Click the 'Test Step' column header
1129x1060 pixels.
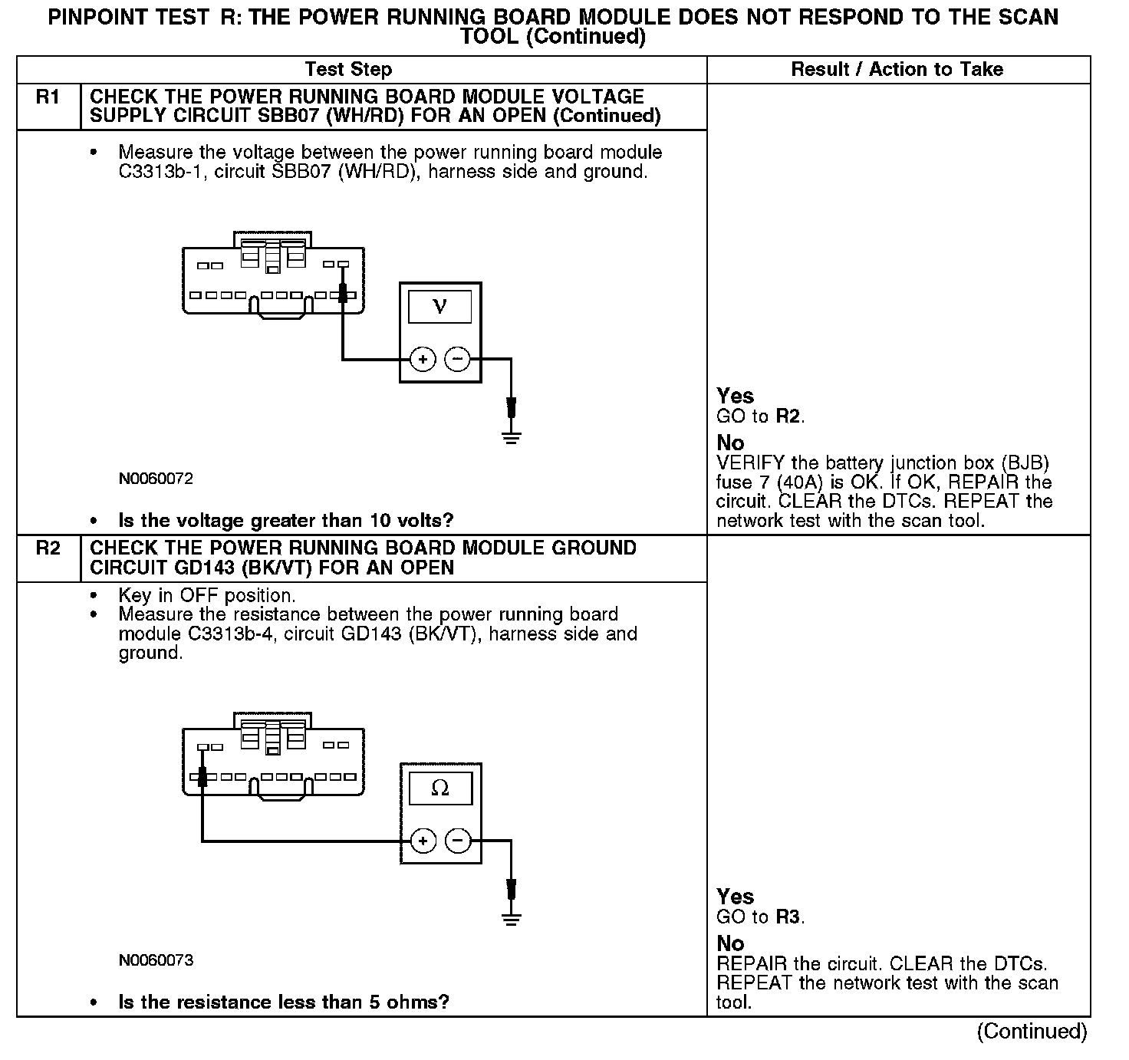[x=348, y=70]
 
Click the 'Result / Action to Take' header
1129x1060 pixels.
[x=897, y=70]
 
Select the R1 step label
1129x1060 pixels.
[x=48, y=97]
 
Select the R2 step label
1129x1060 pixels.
[x=48, y=549]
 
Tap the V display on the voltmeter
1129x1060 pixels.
[x=439, y=308]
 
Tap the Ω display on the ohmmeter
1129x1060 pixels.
[x=439, y=788]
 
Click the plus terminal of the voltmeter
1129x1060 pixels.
[x=423, y=359]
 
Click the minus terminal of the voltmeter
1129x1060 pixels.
[x=458, y=359]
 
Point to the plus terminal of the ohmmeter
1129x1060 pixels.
[x=423, y=841]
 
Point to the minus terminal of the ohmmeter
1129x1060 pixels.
[x=458, y=841]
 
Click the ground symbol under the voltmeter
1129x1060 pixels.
[x=512, y=437]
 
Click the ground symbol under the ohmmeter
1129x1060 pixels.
[x=512, y=919]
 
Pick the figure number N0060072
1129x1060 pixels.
[x=156, y=479]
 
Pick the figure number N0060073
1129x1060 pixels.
[x=156, y=960]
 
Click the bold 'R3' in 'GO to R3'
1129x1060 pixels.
[x=788, y=917]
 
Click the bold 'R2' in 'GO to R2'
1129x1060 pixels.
[x=788, y=416]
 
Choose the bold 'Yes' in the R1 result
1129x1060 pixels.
[x=735, y=397]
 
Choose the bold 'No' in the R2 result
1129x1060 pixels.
[x=730, y=943]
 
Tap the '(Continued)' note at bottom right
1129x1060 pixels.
[x=1032, y=1032]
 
